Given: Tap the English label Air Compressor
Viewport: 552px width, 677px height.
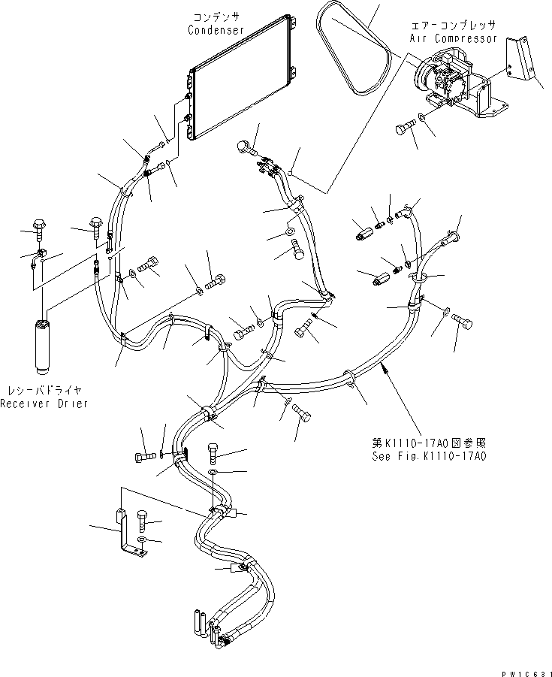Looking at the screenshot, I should pos(454,37).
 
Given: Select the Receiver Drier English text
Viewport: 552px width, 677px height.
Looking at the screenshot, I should pos(44,403).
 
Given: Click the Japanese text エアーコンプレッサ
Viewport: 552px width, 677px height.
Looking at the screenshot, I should pos(454,25).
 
